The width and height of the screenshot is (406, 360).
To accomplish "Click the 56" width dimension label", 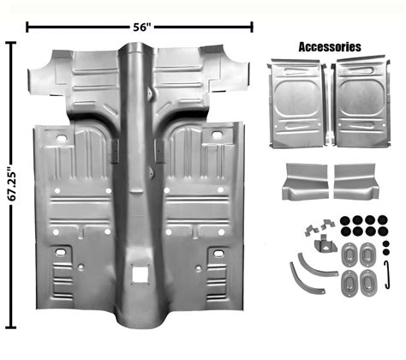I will point(142,27).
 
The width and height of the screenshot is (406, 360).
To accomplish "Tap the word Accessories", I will point(329,47).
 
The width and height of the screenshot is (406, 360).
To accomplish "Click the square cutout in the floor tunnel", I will point(139,277).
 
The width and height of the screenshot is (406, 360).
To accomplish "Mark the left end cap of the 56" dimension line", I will point(28,27).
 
